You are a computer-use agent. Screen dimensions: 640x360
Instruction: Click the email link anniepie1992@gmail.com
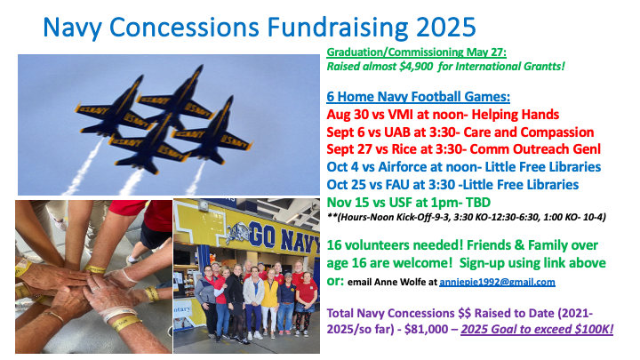[497, 282]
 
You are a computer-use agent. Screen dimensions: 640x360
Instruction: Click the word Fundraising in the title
[337, 28]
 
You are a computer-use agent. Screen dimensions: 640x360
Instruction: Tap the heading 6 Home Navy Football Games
[418, 97]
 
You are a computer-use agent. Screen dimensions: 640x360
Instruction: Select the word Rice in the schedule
[404, 149]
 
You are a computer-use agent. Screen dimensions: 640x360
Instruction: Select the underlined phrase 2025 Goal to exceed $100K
[537, 329]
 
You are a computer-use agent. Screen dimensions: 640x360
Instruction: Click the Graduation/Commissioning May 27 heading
[416, 52]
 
